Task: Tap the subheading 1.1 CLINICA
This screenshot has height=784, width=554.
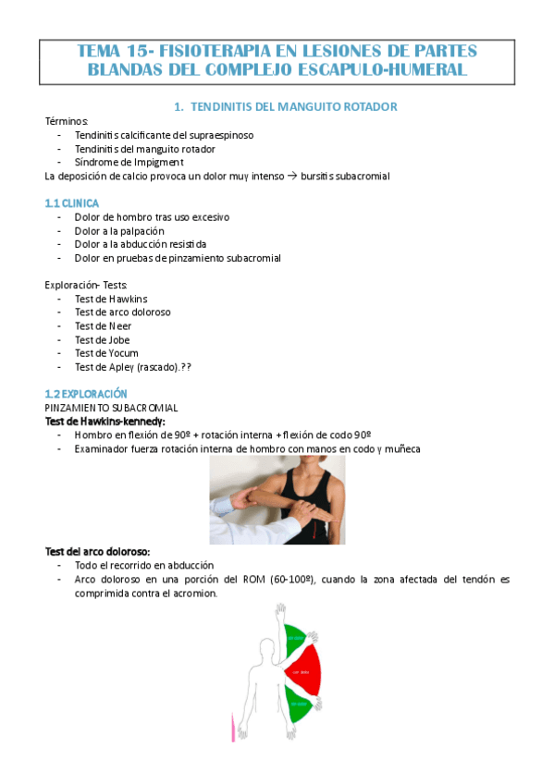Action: pos(71,202)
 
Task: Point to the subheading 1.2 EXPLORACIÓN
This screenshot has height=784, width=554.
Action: pos(89,393)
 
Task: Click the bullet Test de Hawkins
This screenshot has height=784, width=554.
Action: pos(110,299)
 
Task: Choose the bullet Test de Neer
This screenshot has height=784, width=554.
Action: pos(103,325)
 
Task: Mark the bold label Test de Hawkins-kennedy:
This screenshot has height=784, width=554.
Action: pos(105,421)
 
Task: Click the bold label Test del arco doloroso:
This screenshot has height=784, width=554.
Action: pos(97,551)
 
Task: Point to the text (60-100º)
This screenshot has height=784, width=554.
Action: pos(289,579)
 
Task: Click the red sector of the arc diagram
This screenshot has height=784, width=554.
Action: pos(303,670)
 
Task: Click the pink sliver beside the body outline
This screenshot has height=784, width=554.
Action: pos(232,727)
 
